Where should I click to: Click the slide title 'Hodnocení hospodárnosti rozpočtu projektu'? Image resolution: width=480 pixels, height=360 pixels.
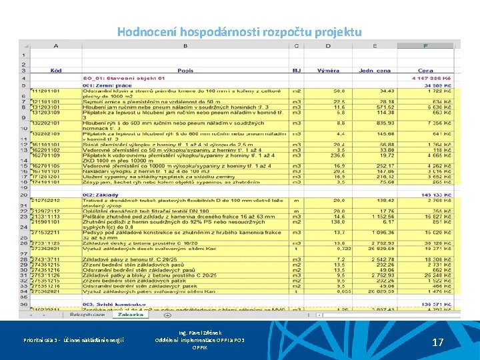[239, 31]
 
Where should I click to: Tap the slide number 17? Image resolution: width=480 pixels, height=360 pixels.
[438, 342]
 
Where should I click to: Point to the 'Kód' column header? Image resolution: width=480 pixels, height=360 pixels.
[56, 70]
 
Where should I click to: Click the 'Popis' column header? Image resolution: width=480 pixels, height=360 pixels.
[185, 70]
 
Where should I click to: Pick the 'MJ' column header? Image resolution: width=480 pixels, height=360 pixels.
[297, 70]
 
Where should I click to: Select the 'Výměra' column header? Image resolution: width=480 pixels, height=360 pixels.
[328, 70]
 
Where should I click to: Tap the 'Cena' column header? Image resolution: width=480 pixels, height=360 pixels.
[425, 70]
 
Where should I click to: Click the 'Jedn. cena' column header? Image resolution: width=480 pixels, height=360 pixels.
[375, 70]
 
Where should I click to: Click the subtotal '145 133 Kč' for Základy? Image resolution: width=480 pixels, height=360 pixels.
[437, 194]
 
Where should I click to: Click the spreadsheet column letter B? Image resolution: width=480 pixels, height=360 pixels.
[185, 45]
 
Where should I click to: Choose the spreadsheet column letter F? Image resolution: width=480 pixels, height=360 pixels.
[425, 45]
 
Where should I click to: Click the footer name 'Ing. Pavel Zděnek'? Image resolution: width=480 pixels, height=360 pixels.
[200, 332]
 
